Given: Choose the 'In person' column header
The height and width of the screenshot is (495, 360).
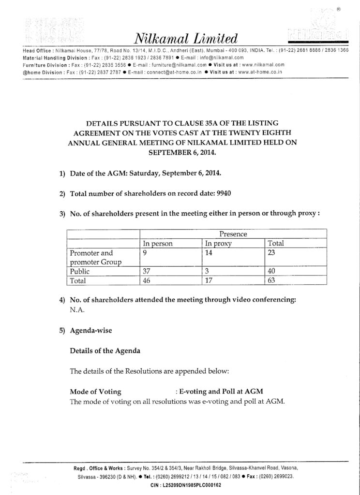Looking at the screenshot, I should click(158, 244).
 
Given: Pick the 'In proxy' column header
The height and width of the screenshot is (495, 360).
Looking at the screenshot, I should click(219, 244).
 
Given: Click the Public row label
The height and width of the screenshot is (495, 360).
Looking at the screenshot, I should click(80, 271).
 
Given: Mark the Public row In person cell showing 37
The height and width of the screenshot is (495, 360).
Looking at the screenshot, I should click(147, 271).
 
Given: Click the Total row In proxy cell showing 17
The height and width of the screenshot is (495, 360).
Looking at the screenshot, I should click(210, 280).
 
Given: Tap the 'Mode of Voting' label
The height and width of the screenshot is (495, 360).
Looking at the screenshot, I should click(95, 391).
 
